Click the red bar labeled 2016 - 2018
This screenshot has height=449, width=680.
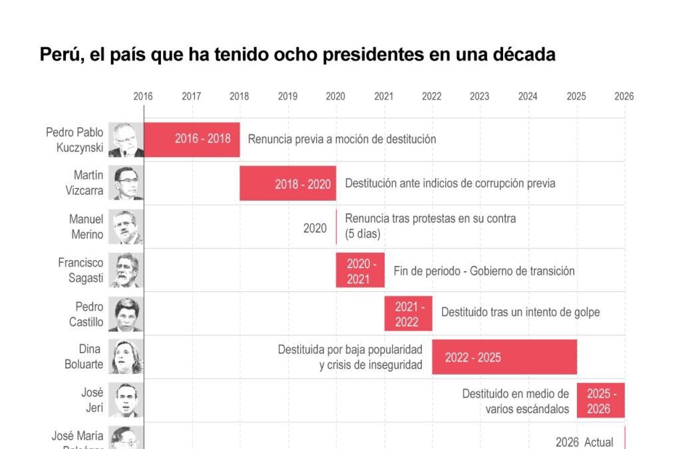pos(192,139)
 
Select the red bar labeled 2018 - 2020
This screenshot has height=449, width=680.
pos(287,184)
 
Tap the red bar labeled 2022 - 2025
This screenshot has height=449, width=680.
pos(504,357)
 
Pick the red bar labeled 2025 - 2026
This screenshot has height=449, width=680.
pos(601,400)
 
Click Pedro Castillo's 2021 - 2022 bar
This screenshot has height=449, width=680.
pos(408,314)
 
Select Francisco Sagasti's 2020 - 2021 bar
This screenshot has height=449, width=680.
pos(360,271)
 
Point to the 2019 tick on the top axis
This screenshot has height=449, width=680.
pos(287,96)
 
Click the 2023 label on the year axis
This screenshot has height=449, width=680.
pos(480,96)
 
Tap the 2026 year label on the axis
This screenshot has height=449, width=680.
pos(624,96)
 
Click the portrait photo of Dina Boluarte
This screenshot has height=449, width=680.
pos(126,357)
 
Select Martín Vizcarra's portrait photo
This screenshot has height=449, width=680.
pos(126,183)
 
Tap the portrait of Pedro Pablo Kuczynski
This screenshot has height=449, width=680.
pos(126,140)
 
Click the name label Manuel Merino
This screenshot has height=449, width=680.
pos(86,227)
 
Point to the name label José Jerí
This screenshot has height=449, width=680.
pos(92,400)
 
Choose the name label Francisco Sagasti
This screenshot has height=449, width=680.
pos(81,270)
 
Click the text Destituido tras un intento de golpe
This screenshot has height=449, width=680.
pos(520,312)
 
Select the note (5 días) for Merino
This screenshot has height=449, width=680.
pos(362,234)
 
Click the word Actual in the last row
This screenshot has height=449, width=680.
pos(598,442)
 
